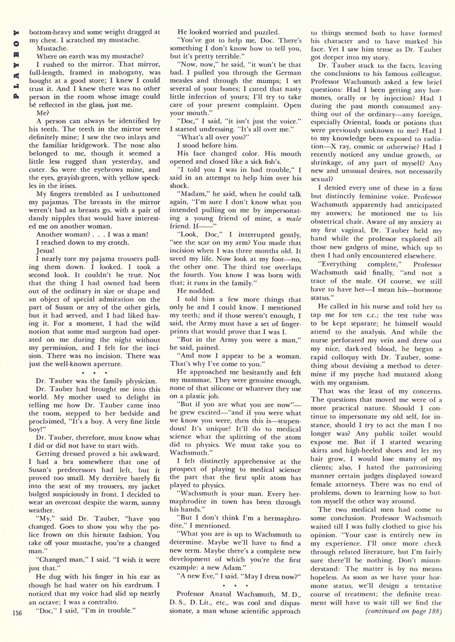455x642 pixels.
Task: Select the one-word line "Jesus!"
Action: (x=44, y=251)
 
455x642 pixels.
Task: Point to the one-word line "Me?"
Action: (x=43, y=113)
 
